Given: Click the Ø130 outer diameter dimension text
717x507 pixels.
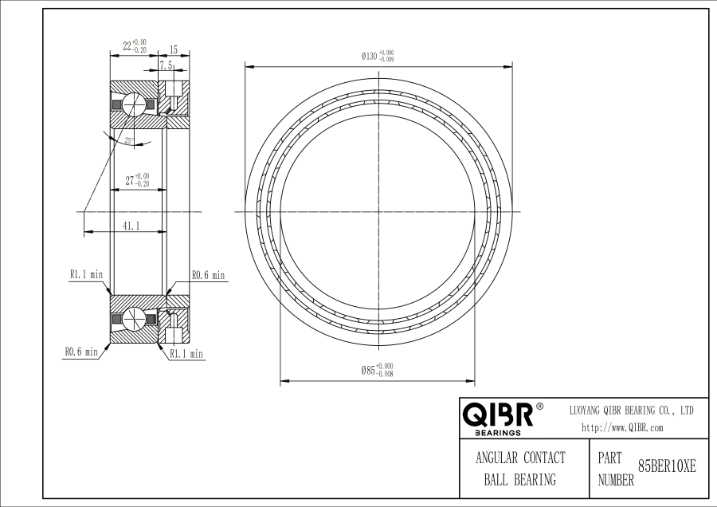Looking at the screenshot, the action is (378, 57).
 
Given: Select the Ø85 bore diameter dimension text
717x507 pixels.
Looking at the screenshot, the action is (378, 370).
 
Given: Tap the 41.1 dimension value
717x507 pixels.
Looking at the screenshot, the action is (131, 225).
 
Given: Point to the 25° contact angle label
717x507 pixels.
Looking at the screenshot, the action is (129, 140).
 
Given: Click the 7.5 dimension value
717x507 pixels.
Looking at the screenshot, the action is (166, 65).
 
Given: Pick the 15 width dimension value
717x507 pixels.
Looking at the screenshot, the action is (174, 49).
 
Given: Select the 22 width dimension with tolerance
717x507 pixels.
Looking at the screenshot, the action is (135, 46).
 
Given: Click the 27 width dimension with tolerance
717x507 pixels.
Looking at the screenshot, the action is (137, 180).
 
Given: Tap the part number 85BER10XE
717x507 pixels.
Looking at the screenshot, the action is (667, 466).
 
